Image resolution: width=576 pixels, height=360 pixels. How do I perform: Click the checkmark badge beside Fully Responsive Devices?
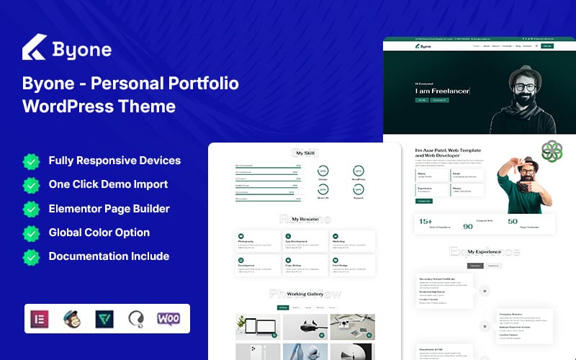click(31, 161)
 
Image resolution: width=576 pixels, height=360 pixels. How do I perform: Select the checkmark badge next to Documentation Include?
click(31, 256)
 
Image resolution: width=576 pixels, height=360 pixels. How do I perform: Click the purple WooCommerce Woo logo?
click(168, 318)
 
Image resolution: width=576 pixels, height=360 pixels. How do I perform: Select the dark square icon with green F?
click(105, 318)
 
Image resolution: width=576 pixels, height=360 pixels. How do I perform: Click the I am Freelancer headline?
click(442, 91)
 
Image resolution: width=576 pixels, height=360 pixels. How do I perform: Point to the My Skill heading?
click(305, 153)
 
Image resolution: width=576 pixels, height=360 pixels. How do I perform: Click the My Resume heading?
click(305, 218)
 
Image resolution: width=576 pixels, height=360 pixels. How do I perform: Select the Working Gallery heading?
click(305, 294)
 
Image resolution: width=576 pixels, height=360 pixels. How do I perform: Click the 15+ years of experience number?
click(424, 222)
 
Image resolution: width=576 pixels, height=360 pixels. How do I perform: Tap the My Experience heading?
click(484, 252)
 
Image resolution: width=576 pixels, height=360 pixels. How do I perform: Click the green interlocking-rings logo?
click(552, 150)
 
